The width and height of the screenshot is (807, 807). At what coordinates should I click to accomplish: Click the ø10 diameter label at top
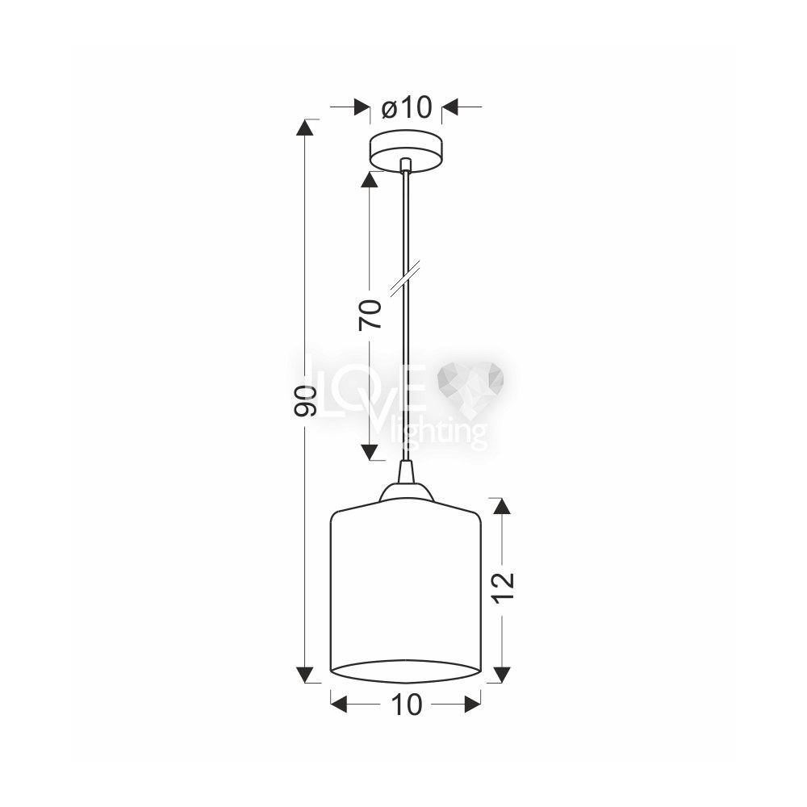[x=406, y=107]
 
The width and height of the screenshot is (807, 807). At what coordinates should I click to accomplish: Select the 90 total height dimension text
[x=304, y=400]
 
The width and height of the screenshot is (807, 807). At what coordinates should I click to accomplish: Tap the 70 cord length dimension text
[x=370, y=314]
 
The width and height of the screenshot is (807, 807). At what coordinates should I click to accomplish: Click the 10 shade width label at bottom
[x=407, y=705]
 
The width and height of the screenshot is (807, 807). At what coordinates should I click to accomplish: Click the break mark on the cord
[x=405, y=278]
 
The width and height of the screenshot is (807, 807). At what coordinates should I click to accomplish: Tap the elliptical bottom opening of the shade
[x=405, y=671]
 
